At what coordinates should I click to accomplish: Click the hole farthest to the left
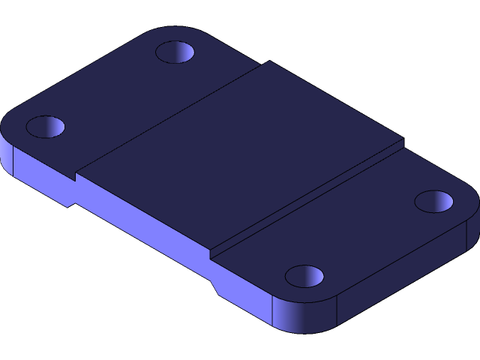pyautogui.click(x=46, y=126)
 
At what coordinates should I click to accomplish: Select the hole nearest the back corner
pyautogui.click(x=175, y=52)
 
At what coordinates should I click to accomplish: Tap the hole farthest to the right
pyautogui.click(x=434, y=201)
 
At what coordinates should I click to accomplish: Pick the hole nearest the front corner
pyautogui.click(x=304, y=276)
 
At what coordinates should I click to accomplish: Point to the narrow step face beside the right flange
pyautogui.click(x=307, y=199)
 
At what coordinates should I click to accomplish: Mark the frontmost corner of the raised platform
pyautogui.click(x=211, y=252)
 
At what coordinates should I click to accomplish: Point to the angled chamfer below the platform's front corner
pyautogui.click(x=215, y=286)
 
